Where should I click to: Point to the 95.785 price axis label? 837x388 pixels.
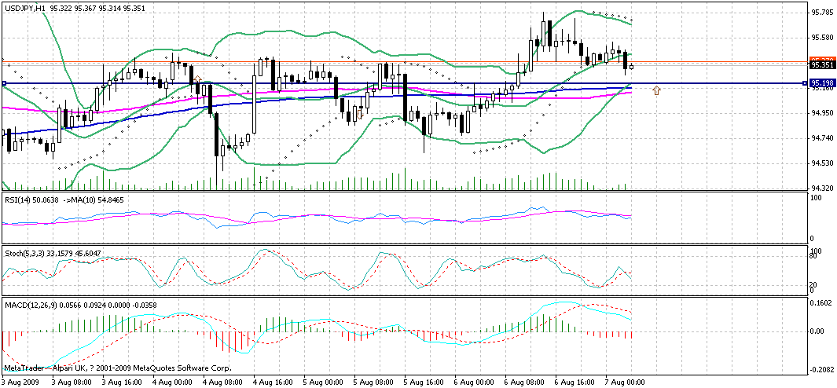(x=821, y=12)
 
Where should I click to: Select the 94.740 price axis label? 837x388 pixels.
(x=821, y=138)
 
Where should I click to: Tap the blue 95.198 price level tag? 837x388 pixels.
(x=821, y=82)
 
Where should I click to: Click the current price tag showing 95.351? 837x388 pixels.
(x=821, y=67)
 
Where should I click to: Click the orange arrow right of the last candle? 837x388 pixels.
(x=656, y=91)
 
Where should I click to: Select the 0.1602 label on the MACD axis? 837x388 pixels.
(x=823, y=302)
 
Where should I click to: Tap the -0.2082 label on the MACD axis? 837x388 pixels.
(x=823, y=368)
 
